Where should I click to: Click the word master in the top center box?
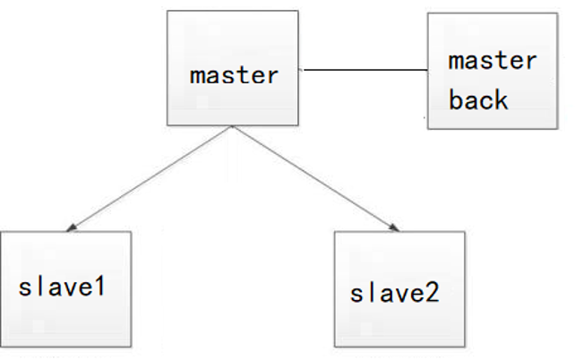(234, 75)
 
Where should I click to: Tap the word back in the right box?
(478, 99)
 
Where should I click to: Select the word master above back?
(493, 61)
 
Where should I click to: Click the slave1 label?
(62, 287)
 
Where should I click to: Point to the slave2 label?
(395, 293)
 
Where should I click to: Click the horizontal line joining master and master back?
(365, 69)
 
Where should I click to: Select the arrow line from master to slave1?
(150, 178)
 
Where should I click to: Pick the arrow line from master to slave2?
(316, 178)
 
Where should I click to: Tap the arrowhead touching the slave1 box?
(72, 228)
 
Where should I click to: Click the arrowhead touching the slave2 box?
(394, 228)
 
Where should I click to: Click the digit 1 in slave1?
(99, 287)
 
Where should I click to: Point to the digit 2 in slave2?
(433, 293)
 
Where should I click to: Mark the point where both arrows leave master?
(233, 126)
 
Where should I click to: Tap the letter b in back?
(456, 99)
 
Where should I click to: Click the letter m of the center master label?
(196, 76)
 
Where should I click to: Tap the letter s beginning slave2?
(356, 295)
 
